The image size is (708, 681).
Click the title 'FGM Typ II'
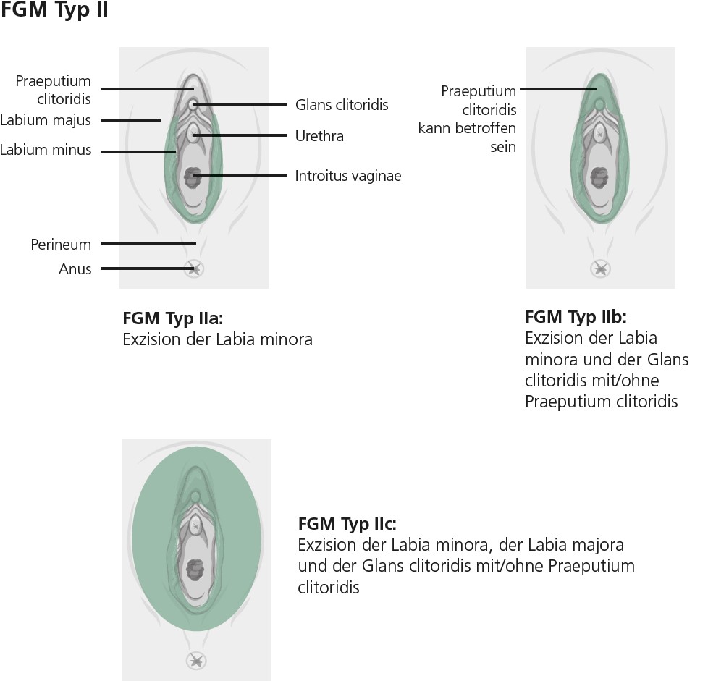pos(55,12)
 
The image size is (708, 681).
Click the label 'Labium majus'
pos(46,120)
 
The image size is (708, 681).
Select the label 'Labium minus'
pos(46,151)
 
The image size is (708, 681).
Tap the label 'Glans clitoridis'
pos(342,105)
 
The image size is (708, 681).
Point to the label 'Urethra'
pos(319,136)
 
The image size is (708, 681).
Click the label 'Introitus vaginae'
pos(347,176)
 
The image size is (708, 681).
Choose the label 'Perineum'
pos(61,245)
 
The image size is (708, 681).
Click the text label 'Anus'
pos(75,269)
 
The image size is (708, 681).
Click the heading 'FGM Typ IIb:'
pos(575,317)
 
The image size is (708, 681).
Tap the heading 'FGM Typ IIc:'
pos(347,524)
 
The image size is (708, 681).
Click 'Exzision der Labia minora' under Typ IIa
pos(217,339)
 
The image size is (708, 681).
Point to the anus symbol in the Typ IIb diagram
pos(599,269)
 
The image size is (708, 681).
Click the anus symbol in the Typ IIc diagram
pos(195,660)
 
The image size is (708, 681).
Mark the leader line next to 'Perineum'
pos(148,244)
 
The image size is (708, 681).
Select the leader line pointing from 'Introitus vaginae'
pos(243,176)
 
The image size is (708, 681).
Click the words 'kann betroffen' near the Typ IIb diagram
pos(467,129)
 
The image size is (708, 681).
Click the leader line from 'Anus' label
pos(145,268)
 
